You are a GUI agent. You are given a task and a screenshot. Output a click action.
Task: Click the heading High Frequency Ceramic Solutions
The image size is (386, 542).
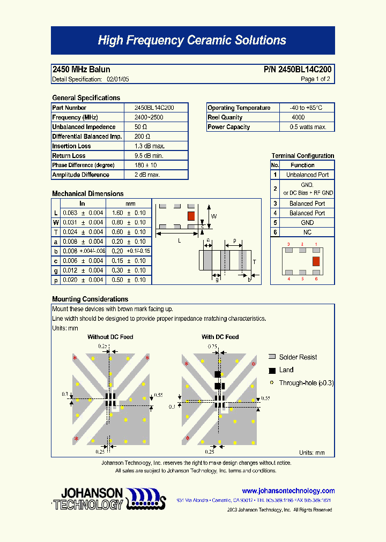(192, 41)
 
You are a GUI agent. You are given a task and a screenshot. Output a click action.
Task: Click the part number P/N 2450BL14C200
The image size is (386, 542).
(298, 70)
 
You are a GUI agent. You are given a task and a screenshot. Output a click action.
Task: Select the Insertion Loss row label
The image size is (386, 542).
(71, 146)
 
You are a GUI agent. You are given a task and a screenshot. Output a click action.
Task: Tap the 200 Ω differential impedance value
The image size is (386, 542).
(142, 137)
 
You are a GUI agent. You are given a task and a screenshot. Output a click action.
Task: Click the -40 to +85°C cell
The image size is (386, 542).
(306, 108)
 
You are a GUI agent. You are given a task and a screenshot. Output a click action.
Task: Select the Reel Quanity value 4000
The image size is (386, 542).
(298, 117)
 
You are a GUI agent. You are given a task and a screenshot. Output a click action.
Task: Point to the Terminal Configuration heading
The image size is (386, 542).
(302, 156)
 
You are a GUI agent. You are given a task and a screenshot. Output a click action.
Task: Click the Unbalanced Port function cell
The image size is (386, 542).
(307, 175)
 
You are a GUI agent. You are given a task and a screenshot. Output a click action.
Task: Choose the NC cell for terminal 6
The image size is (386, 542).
(307, 232)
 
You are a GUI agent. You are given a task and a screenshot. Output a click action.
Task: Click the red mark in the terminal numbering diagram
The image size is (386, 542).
(316, 261)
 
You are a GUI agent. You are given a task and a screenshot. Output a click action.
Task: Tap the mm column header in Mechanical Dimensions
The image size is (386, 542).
(130, 204)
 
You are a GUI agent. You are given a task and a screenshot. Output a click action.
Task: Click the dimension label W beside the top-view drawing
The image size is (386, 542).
(213, 216)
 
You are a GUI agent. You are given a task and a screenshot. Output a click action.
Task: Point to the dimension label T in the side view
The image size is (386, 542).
(254, 262)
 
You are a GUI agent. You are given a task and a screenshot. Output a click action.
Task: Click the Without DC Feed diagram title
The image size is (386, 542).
(110, 337)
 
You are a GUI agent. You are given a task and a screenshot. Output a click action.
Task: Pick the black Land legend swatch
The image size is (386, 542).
(272, 370)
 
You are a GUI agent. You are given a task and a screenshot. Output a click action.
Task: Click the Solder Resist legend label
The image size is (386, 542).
(298, 357)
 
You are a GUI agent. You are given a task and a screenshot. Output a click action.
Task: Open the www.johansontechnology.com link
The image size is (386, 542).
(288, 491)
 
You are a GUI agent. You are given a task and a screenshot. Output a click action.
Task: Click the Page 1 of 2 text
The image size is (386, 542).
(315, 79)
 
